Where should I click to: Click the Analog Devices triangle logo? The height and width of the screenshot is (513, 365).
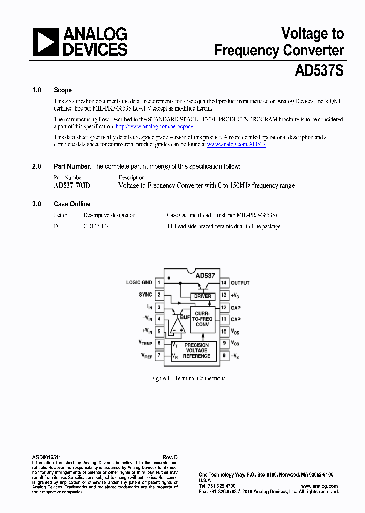(x=46, y=42)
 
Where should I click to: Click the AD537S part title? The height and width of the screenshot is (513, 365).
(x=319, y=70)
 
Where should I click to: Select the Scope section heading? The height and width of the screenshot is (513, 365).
(x=63, y=90)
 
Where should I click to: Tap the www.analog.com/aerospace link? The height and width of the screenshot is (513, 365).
(x=154, y=127)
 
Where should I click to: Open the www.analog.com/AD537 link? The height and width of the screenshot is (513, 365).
(x=236, y=144)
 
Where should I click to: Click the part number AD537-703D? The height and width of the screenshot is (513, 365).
(x=72, y=186)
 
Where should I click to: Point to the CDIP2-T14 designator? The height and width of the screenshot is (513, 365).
(x=96, y=226)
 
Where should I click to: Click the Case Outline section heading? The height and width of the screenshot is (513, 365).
(x=72, y=204)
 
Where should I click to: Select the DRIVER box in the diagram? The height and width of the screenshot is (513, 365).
(x=203, y=296)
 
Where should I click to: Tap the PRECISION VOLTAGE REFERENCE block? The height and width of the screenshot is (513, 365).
(x=196, y=350)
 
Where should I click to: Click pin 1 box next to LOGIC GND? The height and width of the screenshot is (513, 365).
(x=159, y=283)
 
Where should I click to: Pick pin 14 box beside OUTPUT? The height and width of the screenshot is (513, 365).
(x=223, y=283)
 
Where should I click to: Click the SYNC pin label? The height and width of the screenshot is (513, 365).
(x=145, y=295)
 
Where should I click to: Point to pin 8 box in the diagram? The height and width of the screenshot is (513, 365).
(x=223, y=356)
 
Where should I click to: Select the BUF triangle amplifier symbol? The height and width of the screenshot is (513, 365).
(x=176, y=324)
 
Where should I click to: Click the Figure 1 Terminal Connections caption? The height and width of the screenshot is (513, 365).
(x=188, y=378)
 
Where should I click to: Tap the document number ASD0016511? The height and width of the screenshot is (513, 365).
(x=47, y=457)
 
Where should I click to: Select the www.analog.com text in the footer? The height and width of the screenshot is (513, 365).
(x=322, y=486)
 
